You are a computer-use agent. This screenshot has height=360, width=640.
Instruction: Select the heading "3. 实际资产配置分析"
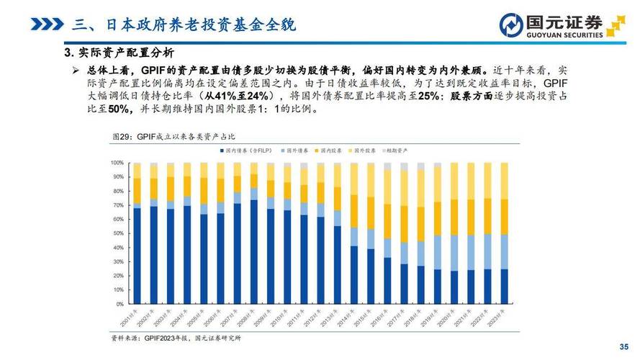(118, 53)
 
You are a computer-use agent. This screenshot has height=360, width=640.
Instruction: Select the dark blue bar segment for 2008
(253, 252)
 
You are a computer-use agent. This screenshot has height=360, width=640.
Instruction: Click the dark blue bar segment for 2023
(503, 287)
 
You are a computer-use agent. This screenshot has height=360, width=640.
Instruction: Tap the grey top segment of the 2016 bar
(387, 166)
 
